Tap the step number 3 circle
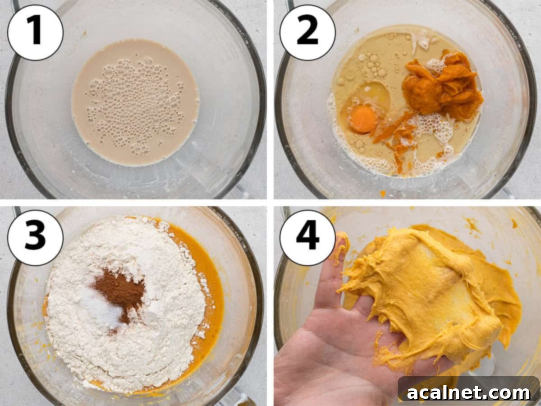point(35,237)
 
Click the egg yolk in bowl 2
point(363,119)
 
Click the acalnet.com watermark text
point(469,392)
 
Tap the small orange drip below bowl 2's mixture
point(383,193)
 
